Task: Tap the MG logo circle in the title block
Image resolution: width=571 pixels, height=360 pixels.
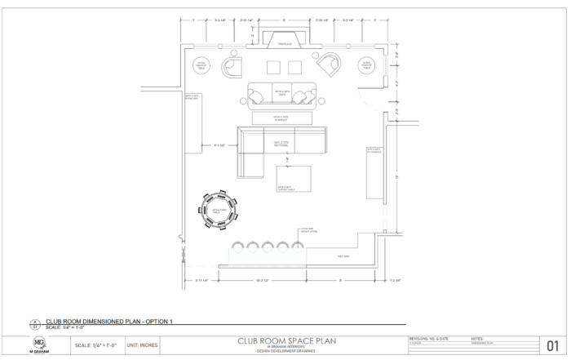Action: [38, 342]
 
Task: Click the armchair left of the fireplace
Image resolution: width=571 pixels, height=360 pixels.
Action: [233, 66]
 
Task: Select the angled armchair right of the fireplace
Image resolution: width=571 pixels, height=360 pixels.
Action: [330, 64]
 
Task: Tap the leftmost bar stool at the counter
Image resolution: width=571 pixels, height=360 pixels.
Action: [238, 246]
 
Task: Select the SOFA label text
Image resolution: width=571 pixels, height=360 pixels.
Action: [282, 92]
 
